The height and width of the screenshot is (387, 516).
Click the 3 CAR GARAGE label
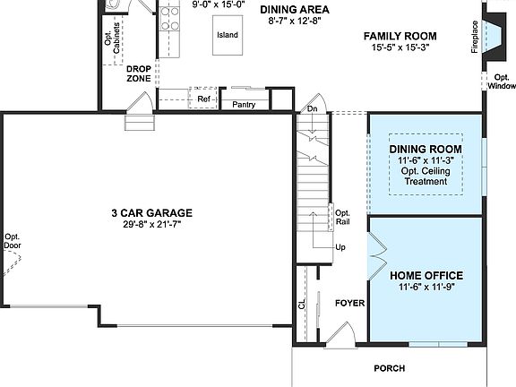150,212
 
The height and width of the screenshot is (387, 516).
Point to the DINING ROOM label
426,149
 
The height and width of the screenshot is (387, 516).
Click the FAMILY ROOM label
399,36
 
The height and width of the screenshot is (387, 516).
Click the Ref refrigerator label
203,99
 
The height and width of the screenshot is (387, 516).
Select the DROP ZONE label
138,73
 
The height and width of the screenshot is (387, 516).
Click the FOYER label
349,304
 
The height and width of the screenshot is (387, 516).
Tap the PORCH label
389,368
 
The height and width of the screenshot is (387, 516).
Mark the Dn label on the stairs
312,108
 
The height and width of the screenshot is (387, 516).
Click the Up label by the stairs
340,247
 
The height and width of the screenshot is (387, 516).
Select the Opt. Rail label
342,218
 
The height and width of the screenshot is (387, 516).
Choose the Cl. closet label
302,303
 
